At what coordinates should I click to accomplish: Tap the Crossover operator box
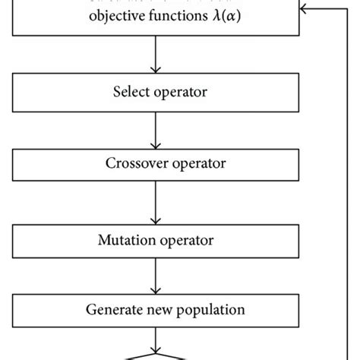[155, 163]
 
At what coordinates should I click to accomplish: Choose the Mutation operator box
[155, 242]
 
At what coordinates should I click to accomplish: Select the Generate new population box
[155, 310]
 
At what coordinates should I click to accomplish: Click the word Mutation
[125, 242]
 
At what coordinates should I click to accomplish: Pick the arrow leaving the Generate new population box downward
[155, 339]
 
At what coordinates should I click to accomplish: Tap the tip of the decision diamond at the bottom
[155, 353]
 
